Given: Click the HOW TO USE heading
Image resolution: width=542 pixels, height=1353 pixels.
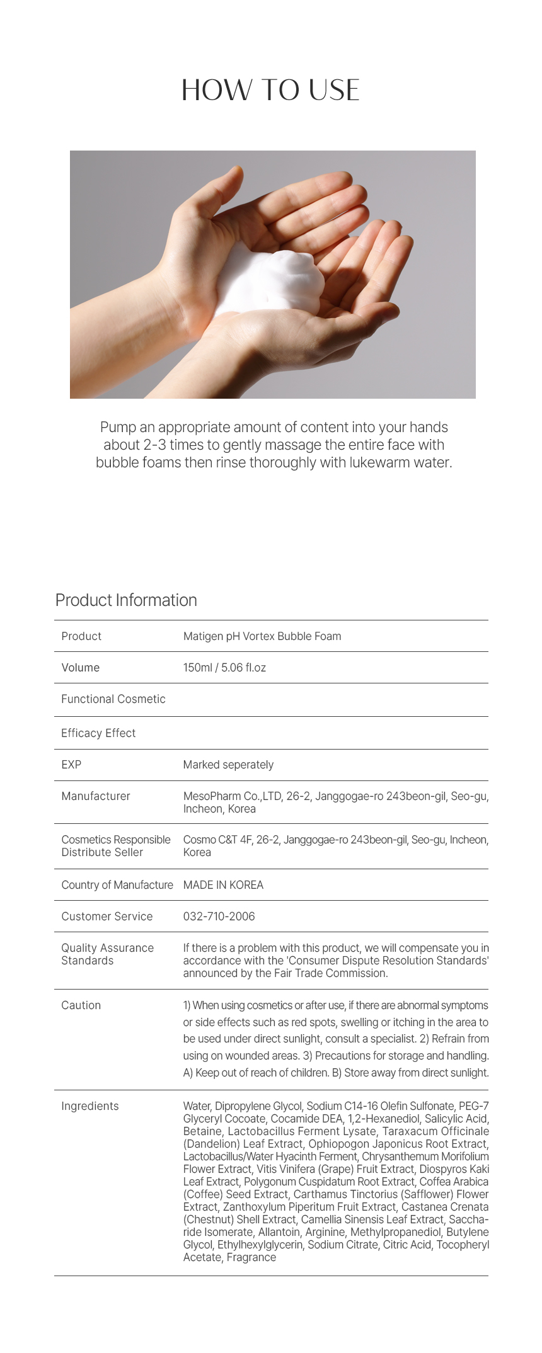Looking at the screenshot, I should tap(270, 90).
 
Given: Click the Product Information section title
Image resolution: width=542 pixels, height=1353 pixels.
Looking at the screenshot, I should tap(126, 600).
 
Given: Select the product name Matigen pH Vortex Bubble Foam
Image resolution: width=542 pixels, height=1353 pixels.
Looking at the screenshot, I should tap(262, 636).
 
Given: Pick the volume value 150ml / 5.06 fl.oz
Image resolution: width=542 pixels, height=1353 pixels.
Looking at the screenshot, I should tap(224, 668).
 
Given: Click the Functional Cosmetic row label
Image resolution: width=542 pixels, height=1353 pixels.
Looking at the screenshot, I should tap(113, 699).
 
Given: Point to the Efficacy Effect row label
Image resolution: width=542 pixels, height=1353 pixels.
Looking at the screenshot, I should tap(98, 733).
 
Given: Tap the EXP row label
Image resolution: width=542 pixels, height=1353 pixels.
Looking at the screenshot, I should tap(71, 765).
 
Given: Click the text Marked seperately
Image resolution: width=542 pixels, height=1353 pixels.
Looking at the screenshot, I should tap(228, 765).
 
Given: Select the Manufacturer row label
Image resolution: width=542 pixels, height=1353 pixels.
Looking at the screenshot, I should tap(96, 796).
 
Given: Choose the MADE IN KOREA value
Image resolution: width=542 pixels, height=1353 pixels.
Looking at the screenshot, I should tap(223, 885).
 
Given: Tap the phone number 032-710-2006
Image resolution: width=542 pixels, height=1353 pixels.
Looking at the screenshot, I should tap(219, 916).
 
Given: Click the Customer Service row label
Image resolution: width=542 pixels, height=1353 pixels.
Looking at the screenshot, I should tap(107, 916).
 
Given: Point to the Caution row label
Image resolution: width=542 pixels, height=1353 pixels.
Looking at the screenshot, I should tap(81, 1005).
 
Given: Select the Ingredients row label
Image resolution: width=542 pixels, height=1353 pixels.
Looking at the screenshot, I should tap(89, 1106).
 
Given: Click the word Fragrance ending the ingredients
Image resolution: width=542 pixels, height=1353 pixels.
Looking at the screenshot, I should tap(251, 1257).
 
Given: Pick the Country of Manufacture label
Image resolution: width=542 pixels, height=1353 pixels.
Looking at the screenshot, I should tap(117, 885).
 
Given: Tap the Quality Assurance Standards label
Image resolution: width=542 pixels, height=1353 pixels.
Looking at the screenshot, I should tap(107, 954).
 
